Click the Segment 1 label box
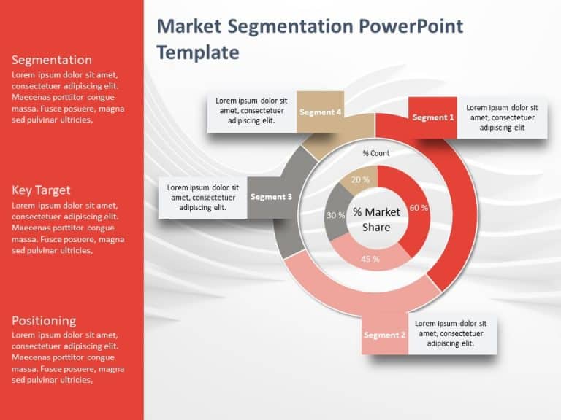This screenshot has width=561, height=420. [x=433, y=117]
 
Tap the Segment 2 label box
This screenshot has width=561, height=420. [x=385, y=335]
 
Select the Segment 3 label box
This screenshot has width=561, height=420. [x=271, y=197]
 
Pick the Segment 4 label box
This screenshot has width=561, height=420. [x=320, y=112]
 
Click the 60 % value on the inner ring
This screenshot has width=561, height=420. [x=419, y=208]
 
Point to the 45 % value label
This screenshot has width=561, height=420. [x=370, y=259]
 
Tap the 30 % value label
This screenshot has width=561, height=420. [x=335, y=215]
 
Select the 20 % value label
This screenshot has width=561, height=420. [x=360, y=179]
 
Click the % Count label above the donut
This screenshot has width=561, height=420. [x=376, y=153]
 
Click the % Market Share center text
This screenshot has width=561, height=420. [x=376, y=219]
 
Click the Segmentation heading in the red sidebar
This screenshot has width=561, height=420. [x=52, y=60]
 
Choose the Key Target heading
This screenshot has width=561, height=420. [x=41, y=190]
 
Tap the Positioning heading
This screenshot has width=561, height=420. [x=44, y=321]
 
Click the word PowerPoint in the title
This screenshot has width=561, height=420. [x=411, y=26]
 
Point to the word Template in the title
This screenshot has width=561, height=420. [x=198, y=52]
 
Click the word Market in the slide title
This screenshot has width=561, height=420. [x=189, y=26]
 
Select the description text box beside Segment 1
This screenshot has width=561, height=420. [x=502, y=117]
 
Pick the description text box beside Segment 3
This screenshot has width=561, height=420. [x=203, y=198]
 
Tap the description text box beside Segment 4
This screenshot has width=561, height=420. [x=252, y=111]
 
